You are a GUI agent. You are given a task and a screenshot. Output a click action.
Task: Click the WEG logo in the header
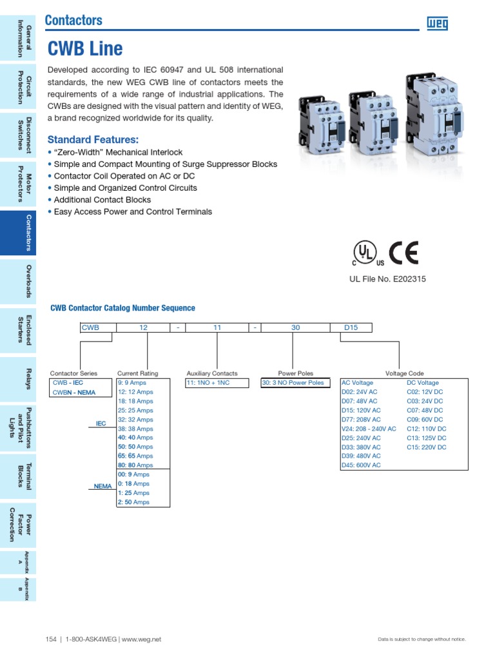click(x=437, y=24)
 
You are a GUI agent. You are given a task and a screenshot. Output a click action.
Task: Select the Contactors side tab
click(x=18, y=233)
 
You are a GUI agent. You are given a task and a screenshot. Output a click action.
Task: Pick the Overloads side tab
click(x=18, y=281)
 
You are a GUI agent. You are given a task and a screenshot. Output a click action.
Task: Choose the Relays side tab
click(x=18, y=379)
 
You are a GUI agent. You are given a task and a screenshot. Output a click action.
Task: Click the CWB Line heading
click(x=85, y=49)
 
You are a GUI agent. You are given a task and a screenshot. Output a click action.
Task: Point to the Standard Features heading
click(x=93, y=140)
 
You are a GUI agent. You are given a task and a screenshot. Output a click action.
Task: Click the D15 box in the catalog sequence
click(x=351, y=327)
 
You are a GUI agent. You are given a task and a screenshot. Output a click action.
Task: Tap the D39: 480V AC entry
click(x=361, y=456)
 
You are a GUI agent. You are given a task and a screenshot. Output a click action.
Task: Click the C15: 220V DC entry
click(x=427, y=447)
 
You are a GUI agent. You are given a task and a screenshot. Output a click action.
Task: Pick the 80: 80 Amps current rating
click(x=135, y=465)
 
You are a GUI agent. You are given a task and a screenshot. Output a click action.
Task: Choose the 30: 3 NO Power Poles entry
click(x=293, y=383)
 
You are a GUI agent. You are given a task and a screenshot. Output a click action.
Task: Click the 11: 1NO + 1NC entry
click(x=208, y=383)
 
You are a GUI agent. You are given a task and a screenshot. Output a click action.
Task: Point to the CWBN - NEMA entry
click(x=73, y=393)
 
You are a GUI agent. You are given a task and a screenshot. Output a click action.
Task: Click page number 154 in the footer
click(x=51, y=639)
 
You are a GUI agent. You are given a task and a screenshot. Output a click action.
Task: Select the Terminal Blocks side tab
click(x=18, y=476)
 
